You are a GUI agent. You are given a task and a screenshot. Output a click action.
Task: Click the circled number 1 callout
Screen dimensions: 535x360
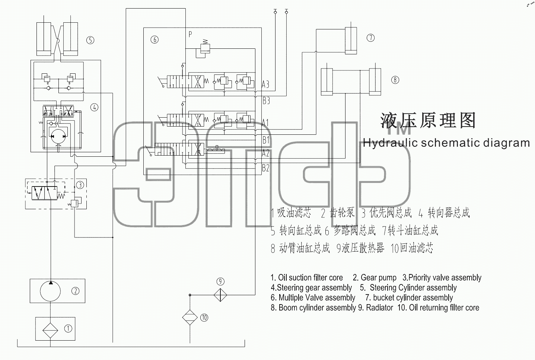click(x=68, y=328)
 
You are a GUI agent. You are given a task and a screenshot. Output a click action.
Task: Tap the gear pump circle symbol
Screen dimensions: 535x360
click(x=50, y=291)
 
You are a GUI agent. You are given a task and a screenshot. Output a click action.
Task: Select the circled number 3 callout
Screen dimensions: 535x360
click(x=80, y=185)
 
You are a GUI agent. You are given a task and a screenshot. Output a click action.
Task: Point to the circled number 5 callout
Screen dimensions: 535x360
click(x=90, y=40)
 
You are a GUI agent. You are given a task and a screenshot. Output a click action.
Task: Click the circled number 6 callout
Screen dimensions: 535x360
click(x=155, y=39)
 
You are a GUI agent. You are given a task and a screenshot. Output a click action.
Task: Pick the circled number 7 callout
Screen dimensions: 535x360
click(x=370, y=38)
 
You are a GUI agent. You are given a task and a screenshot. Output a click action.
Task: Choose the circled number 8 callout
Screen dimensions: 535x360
click(x=395, y=80)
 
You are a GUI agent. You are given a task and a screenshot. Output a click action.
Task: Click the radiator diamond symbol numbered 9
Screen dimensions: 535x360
click(x=220, y=295)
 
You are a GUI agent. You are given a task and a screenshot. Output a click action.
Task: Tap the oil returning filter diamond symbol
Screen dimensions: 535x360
click(x=190, y=318)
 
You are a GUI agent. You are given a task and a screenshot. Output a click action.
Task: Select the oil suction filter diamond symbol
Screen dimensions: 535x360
click(x=50, y=330)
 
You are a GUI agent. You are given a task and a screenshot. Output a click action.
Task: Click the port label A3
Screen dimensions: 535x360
click(x=265, y=85)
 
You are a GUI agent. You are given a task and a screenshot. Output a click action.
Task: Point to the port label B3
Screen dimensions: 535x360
click(x=266, y=101)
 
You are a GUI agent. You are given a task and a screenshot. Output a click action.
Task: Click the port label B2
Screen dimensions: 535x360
click(x=265, y=168)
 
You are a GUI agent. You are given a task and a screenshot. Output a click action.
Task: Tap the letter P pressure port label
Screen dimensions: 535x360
click(x=190, y=34)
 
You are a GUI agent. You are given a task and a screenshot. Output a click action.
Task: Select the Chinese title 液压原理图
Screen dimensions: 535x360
click(x=428, y=120)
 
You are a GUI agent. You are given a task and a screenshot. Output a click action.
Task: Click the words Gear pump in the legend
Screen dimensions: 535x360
click(x=375, y=278)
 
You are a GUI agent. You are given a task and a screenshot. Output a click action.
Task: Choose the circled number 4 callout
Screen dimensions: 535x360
click(x=94, y=108)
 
